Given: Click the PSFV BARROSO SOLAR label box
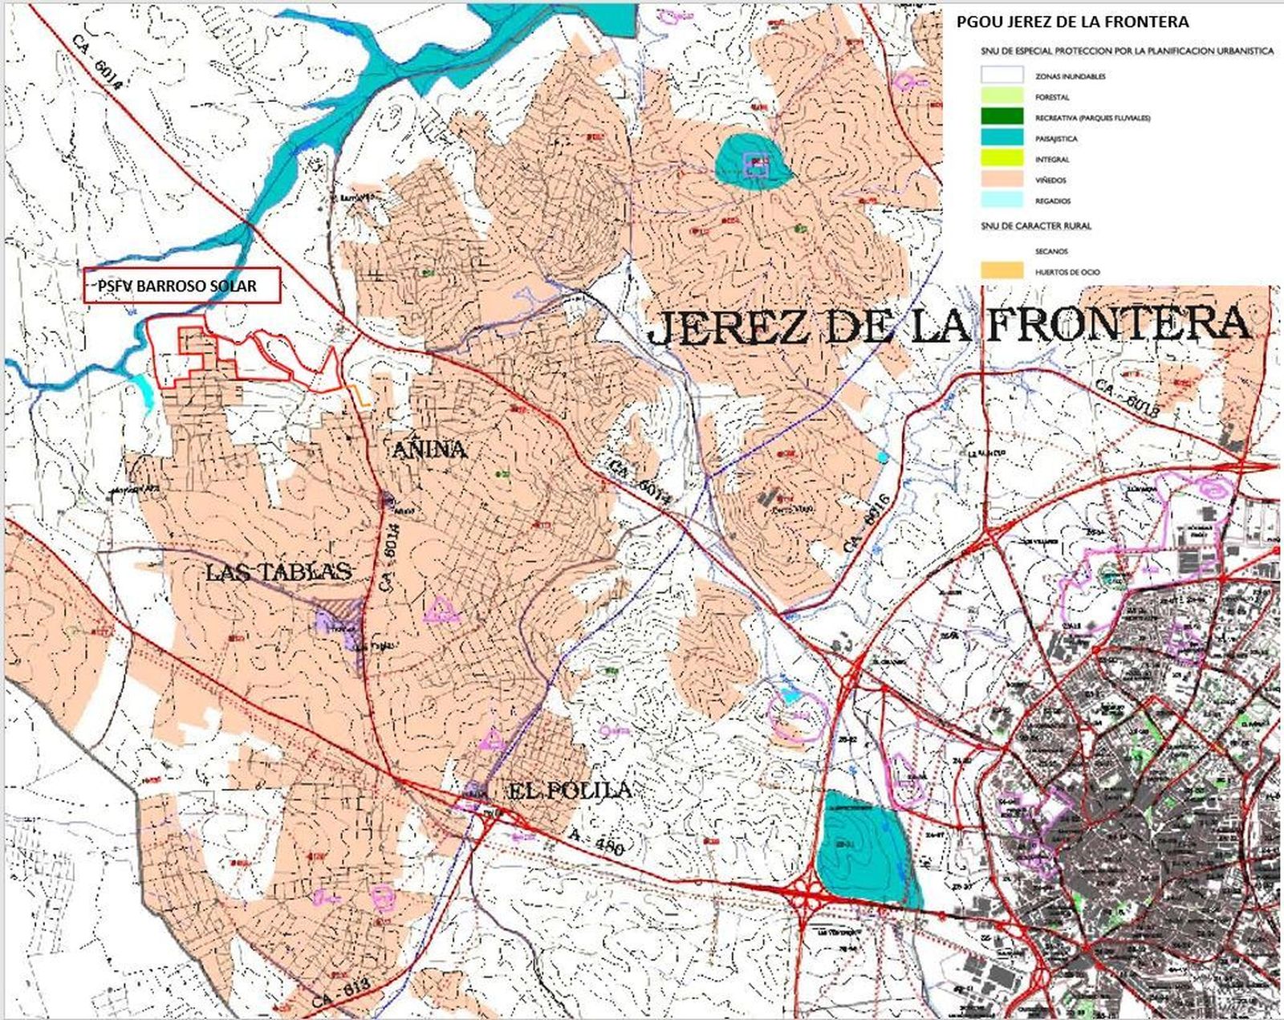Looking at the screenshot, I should (x=182, y=286).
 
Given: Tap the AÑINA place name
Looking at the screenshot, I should (x=429, y=449).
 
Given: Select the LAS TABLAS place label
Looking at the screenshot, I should (x=278, y=571).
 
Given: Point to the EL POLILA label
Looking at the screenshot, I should (x=570, y=790).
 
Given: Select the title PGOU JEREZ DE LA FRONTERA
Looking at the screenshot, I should (x=1072, y=22).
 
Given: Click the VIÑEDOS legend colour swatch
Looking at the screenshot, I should (x=1002, y=179).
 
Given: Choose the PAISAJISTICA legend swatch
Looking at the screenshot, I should (x=1002, y=137).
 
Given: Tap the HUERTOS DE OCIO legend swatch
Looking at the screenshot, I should (x=1002, y=271).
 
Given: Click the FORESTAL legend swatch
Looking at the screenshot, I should (x=1002, y=95).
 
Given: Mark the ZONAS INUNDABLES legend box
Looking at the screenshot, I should (x=1002, y=75).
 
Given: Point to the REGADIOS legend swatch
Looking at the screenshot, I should (x=1002, y=200).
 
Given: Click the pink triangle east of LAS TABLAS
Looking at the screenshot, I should (x=441, y=610).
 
